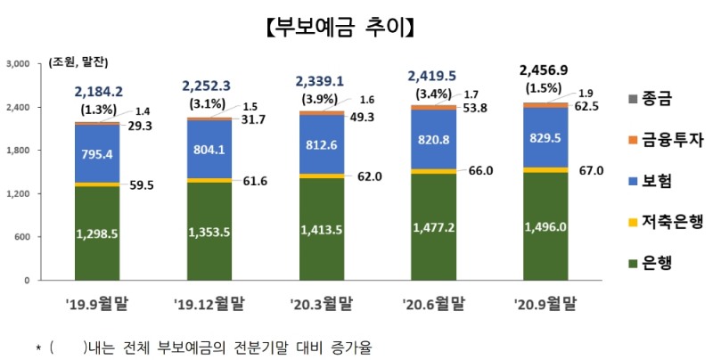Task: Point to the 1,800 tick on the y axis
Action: (19, 151)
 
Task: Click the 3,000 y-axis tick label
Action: (19, 64)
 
